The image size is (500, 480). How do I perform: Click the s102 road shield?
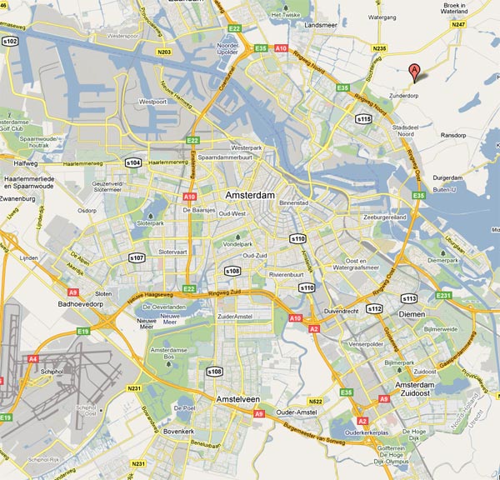pyautogui.click(x=11, y=39)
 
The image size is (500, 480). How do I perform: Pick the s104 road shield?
pyautogui.click(x=132, y=162)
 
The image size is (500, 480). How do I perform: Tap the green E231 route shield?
pyautogui.click(x=444, y=295)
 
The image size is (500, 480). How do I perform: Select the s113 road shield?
pyautogui.click(x=408, y=297)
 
